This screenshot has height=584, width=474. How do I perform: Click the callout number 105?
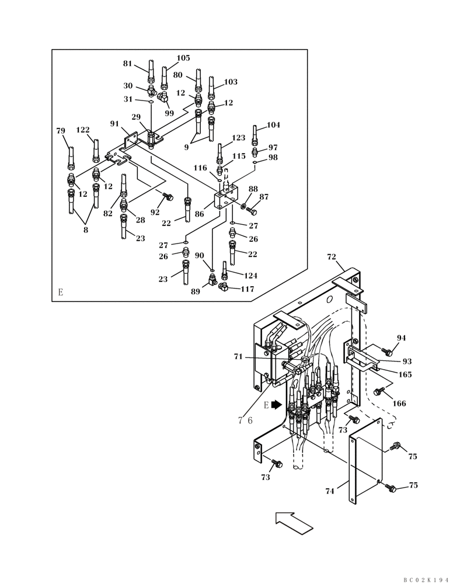click(183, 58)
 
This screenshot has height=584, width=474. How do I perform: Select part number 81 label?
click(127, 64)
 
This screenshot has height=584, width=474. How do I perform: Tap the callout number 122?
click(82, 130)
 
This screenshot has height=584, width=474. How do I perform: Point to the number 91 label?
click(114, 124)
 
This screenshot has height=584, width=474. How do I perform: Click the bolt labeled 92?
click(169, 197)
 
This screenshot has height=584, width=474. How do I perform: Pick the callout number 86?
click(199, 214)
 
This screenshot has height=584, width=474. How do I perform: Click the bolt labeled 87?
click(252, 210)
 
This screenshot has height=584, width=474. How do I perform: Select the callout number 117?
click(247, 288)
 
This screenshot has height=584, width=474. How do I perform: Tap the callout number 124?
click(250, 276)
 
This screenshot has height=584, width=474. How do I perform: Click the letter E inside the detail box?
click(60, 292)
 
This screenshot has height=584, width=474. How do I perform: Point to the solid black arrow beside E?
click(284, 404)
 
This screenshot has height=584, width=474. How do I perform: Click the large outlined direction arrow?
click(295, 522)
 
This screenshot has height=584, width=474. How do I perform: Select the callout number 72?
click(332, 257)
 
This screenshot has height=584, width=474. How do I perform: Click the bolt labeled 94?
click(386, 351)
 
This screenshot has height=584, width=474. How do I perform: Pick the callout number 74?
click(330, 491)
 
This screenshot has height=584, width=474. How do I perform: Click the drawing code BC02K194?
click(426, 579)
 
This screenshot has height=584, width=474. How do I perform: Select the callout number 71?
click(238, 356)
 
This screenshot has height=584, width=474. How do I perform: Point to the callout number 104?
click(274, 125)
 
